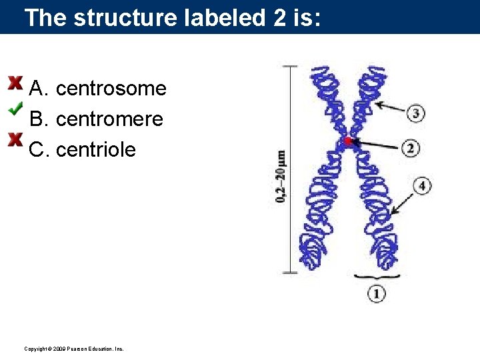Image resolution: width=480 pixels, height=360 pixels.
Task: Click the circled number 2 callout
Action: [x=411, y=148]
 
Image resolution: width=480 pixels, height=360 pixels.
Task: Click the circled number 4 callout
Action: [x=421, y=185]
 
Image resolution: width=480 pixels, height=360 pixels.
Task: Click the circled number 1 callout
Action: [x=376, y=293]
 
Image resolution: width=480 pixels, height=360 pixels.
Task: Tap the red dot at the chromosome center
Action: [x=347, y=141]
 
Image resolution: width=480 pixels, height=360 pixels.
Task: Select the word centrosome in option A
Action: [x=111, y=89]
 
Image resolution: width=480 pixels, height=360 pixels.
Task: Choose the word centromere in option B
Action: [x=110, y=119]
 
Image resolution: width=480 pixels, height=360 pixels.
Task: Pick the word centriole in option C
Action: [x=96, y=150]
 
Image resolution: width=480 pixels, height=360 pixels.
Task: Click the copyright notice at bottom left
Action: [x=73, y=349]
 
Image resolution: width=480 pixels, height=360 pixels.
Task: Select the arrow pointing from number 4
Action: [x=403, y=200]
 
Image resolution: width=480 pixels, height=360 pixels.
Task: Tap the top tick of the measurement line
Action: [x=291, y=66]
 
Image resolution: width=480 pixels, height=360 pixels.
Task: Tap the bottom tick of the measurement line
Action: [x=291, y=272]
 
